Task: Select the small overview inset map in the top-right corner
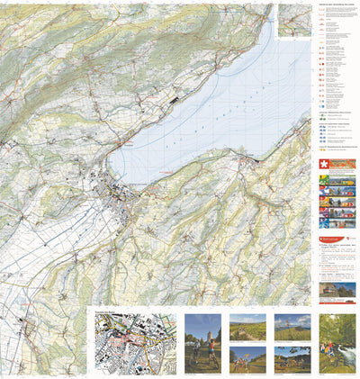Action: pyautogui.click(x=293, y=20)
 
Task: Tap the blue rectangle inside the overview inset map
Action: pyautogui.click(x=294, y=19)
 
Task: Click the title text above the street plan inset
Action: pyautogui.click(x=112, y=310)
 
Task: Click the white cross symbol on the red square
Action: pyautogui.click(x=325, y=165)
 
